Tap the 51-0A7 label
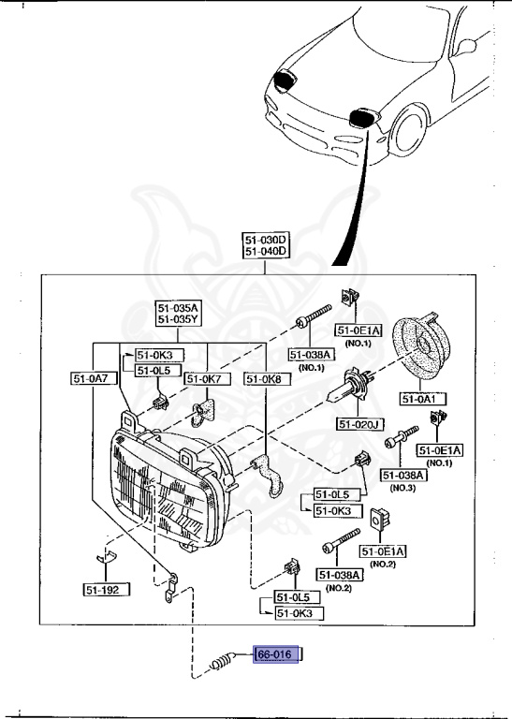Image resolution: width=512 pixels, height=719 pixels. coord(91,378)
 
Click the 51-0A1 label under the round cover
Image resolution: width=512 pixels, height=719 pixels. coord(424,399)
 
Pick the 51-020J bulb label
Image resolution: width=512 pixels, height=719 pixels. coord(362,424)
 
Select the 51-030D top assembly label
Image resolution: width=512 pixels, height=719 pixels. coord(267,240)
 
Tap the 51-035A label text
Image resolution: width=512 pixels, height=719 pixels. coord(179,306)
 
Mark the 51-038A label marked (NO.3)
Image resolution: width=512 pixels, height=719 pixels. coord(403,476)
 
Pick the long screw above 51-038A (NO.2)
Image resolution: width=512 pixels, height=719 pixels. coord(341,541)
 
